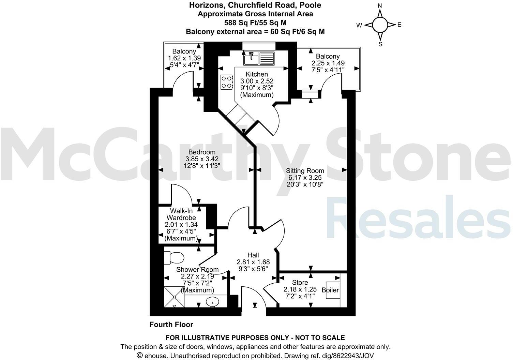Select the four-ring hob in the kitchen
point(227,82)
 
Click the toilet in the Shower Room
point(174,258)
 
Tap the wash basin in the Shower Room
point(213,301)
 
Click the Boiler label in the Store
point(330,290)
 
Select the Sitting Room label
point(305,171)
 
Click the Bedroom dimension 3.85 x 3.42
point(202,159)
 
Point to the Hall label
point(253,255)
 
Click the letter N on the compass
point(380,6)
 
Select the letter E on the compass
point(399,25)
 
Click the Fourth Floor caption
point(171,325)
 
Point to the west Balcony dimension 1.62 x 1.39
point(184,58)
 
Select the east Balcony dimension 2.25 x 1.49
point(328,63)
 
